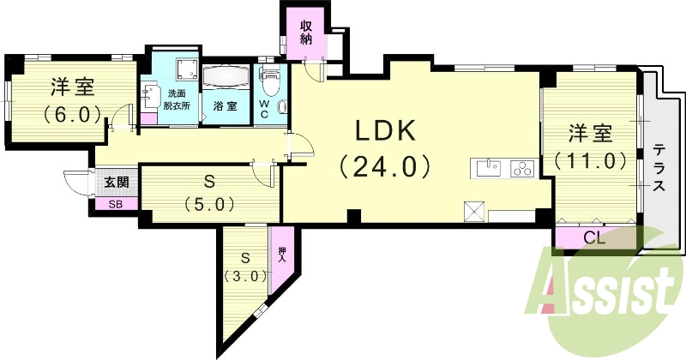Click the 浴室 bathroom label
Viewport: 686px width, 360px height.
226,108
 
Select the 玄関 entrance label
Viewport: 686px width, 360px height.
117,182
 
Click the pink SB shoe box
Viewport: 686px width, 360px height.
114,204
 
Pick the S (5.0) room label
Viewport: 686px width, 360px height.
209,193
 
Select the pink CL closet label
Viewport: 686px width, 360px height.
594,238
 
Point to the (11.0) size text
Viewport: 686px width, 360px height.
590,160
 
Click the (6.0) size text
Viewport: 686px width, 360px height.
72,113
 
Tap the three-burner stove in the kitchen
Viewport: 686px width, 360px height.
522,168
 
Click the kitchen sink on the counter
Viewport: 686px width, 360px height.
486,168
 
